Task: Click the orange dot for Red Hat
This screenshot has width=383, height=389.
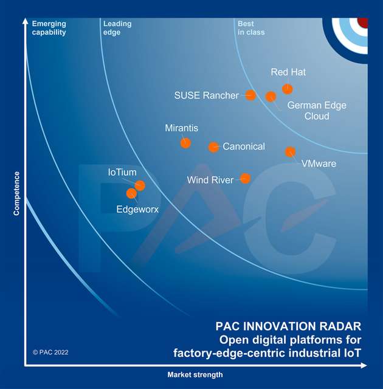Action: pos(288,89)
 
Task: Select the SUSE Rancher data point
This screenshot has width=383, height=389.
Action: pos(250,95)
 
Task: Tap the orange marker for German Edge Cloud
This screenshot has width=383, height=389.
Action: pos(271,97)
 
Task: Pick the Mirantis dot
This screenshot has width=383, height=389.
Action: pos(185,143)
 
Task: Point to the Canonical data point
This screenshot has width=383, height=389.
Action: pos(213,147)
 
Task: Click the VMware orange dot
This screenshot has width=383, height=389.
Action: pos(291,152)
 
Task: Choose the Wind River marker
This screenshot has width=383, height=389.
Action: pos(245,179)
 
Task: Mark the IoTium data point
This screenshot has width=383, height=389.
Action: pos(140,185)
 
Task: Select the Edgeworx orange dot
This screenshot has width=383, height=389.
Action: pos(131,193)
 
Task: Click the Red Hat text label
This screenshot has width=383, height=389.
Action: pos(288,72)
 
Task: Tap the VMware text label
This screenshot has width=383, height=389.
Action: pos(319,164)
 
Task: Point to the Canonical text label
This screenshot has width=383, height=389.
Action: pos(244,147)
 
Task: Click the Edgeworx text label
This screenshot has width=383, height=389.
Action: pos(137,209)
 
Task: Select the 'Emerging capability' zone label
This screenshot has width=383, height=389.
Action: pos(49,28)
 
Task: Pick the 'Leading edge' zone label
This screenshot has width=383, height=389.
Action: pos(117,28)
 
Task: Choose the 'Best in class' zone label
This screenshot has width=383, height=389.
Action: pos(251,28)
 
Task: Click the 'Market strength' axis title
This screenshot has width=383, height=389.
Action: pos(195,375)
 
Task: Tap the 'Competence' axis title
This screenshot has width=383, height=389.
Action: pos(17,193)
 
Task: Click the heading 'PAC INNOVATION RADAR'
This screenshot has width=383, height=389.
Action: pos(289,326)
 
